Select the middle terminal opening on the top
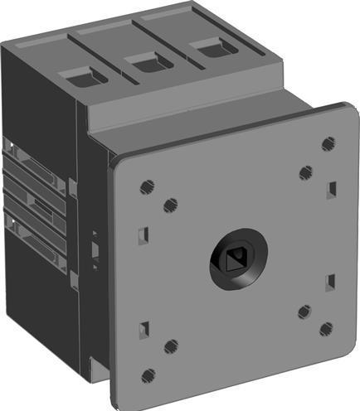(x=146, y=60)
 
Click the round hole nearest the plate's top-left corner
(x=147, y=186)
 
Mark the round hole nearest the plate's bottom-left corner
(x=149, y=375)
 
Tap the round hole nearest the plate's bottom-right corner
(x=326, y=329)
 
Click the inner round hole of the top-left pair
(x=171, y=205)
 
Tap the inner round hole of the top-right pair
(x=304, y=172)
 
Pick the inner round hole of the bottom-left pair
(x=171, y=346)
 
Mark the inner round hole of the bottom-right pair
(x=304, y=312)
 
